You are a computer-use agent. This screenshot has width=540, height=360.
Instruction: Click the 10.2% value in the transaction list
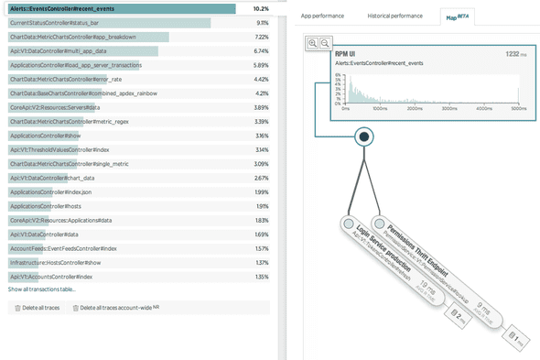(x=260, y=8)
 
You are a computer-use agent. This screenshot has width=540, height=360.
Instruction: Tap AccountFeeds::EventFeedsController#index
(x=63, y=248)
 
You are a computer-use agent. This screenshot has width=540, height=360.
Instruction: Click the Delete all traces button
(x=38, y=308)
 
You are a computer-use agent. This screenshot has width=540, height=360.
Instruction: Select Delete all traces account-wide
(x=120, y=308)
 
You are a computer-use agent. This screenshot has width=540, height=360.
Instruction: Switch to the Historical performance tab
(x=394, y=16)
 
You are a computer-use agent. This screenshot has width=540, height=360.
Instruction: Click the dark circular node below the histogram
(x=364, y=137)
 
